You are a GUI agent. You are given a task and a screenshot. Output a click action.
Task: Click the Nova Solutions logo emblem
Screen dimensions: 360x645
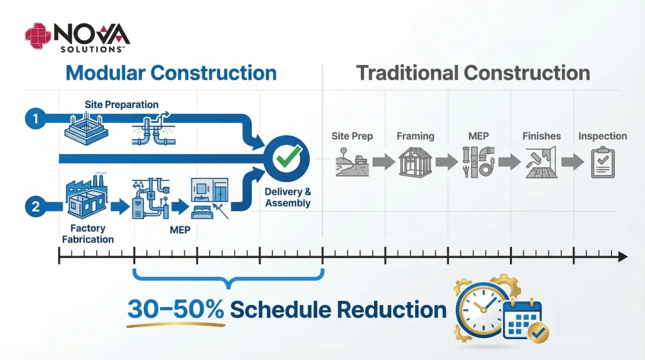38,35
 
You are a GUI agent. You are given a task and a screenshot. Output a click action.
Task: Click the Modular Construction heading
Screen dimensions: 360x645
171,73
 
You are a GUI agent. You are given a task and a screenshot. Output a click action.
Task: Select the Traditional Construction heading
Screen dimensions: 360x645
473,73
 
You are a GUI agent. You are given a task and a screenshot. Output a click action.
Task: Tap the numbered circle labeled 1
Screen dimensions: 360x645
35,119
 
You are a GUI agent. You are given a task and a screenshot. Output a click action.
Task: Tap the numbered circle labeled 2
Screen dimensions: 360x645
35,207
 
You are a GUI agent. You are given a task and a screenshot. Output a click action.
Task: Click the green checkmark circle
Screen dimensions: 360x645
287,158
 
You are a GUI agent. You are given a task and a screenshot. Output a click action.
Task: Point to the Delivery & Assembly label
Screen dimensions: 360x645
288,198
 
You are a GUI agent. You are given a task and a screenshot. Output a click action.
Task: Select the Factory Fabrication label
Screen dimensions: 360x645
88,233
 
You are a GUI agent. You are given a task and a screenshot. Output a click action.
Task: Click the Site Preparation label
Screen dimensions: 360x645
121,104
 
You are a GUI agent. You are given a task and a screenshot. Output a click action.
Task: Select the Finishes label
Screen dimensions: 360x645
541,136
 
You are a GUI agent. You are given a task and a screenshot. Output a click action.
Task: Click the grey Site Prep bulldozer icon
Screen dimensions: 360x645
352,162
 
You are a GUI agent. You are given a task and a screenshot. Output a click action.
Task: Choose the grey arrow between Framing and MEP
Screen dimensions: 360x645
446,162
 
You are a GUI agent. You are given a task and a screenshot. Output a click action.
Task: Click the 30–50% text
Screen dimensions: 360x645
176,309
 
